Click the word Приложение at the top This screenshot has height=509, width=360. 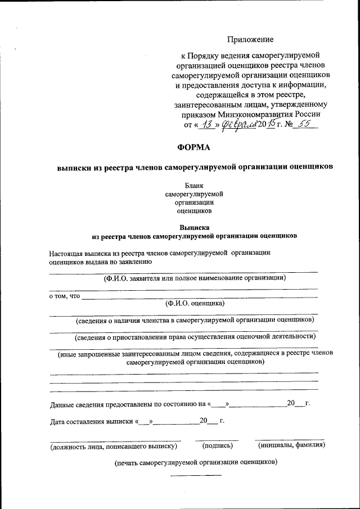click(x=250, y=39)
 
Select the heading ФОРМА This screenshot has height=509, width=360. click(x=193, y=147)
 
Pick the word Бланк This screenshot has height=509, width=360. click(x=193, y=185)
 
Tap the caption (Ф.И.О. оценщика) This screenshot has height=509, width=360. click(x=195, y=303)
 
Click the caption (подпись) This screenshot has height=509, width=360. click(x=217, y=446)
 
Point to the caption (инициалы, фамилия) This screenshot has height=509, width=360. click(x=291, y=446)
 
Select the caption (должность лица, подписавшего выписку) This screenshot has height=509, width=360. click(x=114, y=447)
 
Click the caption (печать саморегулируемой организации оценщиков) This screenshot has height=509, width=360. click(x=195, y=462)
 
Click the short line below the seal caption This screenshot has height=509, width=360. click(x=196, y=475)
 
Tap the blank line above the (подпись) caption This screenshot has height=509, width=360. click(x=217, y=439)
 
